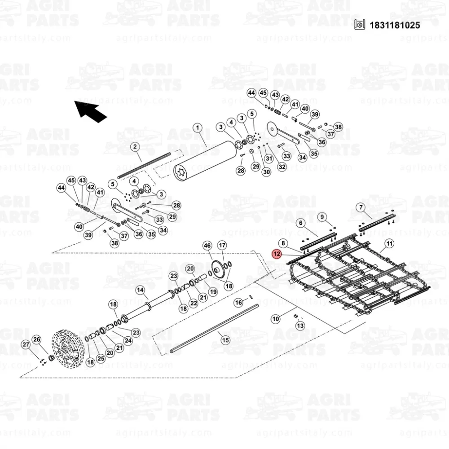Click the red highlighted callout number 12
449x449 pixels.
point(277,254)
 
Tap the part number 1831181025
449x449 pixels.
point(395,25)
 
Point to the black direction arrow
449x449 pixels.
point(91,111)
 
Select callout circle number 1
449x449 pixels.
point(198,128)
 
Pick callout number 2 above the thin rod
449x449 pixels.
point(135,147)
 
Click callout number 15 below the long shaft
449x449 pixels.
point(225,340)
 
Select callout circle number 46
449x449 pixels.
point(207,246)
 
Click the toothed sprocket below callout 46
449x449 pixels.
point(218,269)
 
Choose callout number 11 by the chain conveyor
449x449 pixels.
point(389,244)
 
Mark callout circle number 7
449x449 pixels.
point(361,207)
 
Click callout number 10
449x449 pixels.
point(276,319)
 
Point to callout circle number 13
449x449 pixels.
point(300,326)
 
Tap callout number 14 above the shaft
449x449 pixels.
point(140,290)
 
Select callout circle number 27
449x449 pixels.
point(26,344)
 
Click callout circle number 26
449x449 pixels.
point(37,339)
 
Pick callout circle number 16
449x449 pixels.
point(238,302)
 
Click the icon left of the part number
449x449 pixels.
point(360,25)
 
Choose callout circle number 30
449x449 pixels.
point(266,172)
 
